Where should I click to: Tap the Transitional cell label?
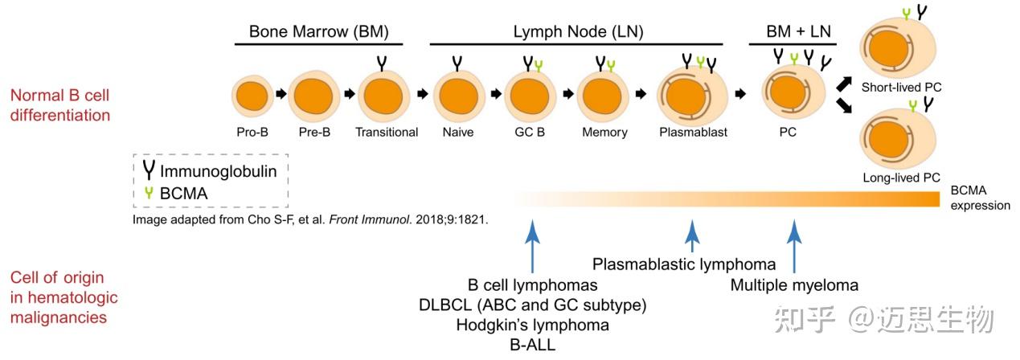click(x=387, y=133)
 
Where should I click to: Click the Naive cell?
click(x=457, y=96)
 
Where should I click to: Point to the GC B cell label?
click(x=530, y=133)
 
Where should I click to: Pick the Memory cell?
click(x=604, y=96)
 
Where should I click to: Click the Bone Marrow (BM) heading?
click(x=318, y=32)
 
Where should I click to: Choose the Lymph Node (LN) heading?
click(x=578, y=32)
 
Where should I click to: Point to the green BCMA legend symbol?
click(x=149, y=193)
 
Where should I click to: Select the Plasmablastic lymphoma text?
click(x=684, y=264)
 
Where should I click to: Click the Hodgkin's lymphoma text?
click(x=532, y=325)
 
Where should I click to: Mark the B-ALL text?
click(x=532, y=346)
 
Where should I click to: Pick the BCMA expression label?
click(x=980, y=198)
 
